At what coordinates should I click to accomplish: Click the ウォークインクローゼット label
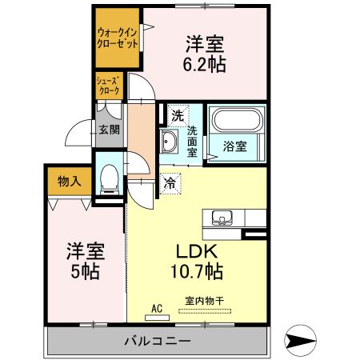pos(115,37)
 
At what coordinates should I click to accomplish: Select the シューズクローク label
pos(109,86)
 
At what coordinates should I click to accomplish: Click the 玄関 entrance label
pos(109,128)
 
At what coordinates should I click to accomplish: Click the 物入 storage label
pos(70,182)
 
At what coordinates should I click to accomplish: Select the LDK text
pos(194,249)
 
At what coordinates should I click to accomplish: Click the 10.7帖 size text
pos(195,271)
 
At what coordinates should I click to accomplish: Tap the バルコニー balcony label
pos(157,342)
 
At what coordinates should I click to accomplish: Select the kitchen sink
pos(222,217)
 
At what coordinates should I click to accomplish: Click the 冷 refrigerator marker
pos(170,183)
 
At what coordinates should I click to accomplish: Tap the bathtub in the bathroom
pos(236,125)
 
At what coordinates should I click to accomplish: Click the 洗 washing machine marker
pos(176,114)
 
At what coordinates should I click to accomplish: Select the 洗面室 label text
pos(193,141)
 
